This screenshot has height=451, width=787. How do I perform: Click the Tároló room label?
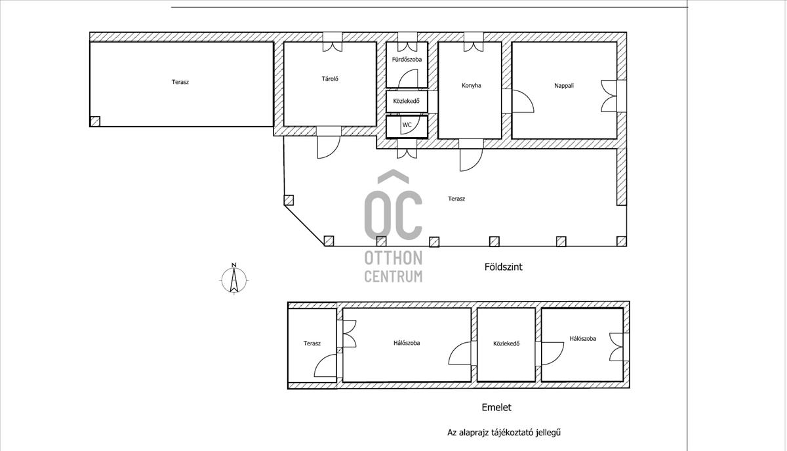coord(330,79)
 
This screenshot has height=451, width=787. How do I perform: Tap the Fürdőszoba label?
coord(407,60)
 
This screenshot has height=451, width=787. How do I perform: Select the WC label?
coord(407,125)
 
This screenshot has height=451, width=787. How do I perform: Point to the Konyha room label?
coord(471,85)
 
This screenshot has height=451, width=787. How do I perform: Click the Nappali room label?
coord(564,85)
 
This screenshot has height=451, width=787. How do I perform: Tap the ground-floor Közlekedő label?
coord(406,101)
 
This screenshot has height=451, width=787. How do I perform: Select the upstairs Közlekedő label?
coord(506,343)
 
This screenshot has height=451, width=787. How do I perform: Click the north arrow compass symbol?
coord(234,279)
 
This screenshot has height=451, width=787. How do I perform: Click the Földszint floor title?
coord(504,267)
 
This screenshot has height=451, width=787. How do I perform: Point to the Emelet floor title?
coord(496,408)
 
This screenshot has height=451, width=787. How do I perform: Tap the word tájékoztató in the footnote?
coord(513,433)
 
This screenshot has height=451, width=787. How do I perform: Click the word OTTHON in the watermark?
coord(393,258)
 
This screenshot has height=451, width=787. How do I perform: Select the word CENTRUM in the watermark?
coord(393,276)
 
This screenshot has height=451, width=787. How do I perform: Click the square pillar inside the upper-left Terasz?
coord(95,121)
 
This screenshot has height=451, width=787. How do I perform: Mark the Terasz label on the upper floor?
coord(312,343)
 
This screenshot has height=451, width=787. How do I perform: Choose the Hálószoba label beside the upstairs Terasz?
coord(407,343)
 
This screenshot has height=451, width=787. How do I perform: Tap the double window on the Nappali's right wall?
coord(609,96)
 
